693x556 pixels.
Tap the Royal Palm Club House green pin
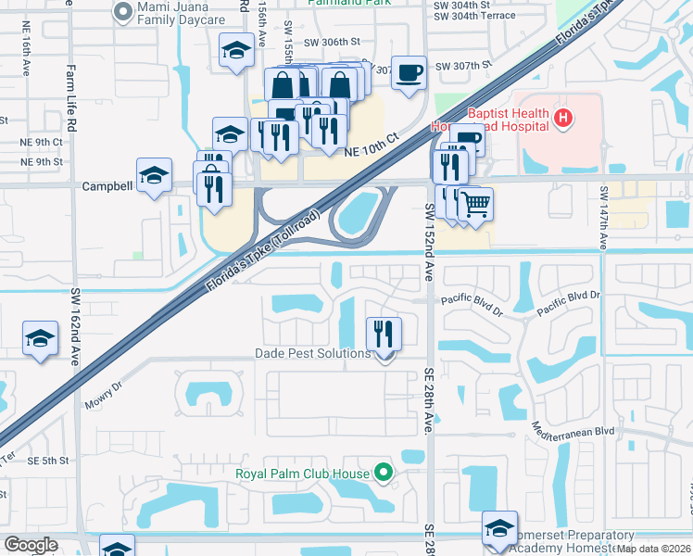(x=381, y=474)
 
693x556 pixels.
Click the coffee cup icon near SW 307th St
(x=409, y=72)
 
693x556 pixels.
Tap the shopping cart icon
(x=475, y=203)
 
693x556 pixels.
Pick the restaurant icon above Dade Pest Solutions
(x=384, y=333)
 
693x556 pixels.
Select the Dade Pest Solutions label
(x=312, y=353)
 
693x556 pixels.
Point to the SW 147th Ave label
(x=604, y=219)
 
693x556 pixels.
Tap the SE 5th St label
(x=48, y=461)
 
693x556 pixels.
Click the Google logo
(x=31, y=545)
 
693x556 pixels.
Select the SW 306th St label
(x=334, y=42)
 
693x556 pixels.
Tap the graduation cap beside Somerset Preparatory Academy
(x=500, y=528)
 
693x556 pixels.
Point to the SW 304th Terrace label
(x=475, y=16)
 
